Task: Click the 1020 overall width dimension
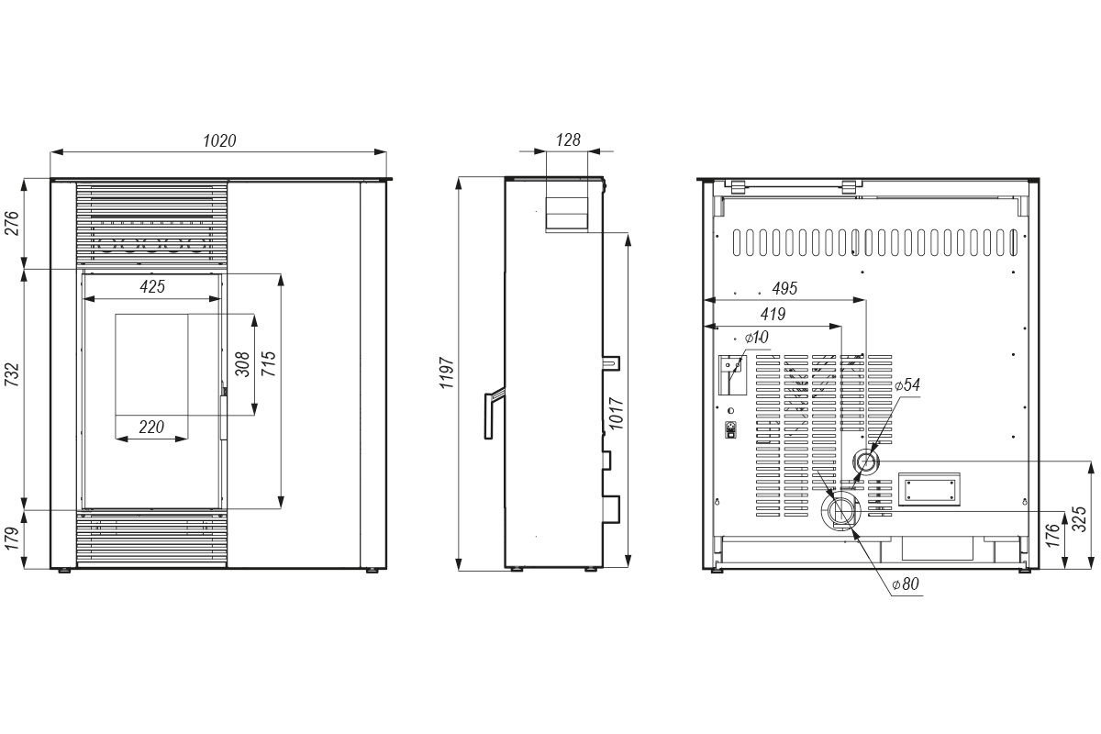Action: (x=219, y=141)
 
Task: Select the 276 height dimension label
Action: (x=12, y=223)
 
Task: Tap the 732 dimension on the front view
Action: (x=12, y=374)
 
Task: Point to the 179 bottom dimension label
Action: (x=12, y=538)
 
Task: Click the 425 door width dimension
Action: (x=152, y=286)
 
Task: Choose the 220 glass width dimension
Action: (x=151, y=427)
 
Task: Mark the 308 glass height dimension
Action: (x=242, y=364)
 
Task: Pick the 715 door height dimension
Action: (x=269, y=364)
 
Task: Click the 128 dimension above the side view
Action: (x=568, y=140)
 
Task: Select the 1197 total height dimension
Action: (x=447, y=373)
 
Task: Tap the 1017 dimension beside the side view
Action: (x=617, y=414)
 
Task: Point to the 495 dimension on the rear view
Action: (x=784, y=289)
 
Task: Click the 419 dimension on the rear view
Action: (x=773, y=314)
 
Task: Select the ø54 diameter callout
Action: (x=907, y=385)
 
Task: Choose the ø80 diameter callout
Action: (x=906, y=584)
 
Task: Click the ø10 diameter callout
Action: (x=756, y=338)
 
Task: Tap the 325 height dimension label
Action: (x=1080, y=519)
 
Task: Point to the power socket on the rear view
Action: (x=731, y=429)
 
